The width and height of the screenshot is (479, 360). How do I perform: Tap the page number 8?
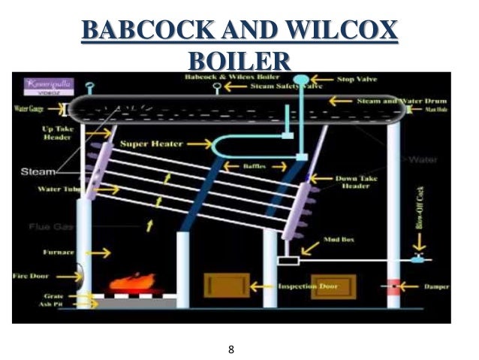click(x=231, y=349)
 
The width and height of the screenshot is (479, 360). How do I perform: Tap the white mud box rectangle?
click(x=288, y=261)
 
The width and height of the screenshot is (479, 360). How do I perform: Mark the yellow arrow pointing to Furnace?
click(x=101, y=252)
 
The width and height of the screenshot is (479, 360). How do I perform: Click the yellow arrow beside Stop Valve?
click(x=324, y=78)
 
